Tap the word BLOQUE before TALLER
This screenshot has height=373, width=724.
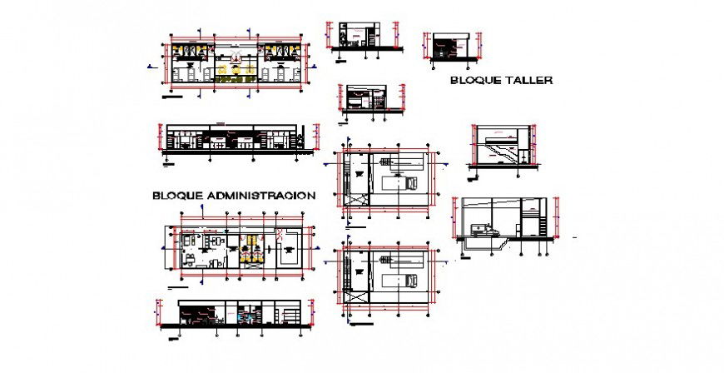coord(474,81)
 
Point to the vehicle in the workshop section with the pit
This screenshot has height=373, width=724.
coord(480,229)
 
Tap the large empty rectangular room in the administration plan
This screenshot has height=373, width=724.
coord(288,251)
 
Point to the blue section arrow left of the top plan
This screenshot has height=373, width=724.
coord(150,66)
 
